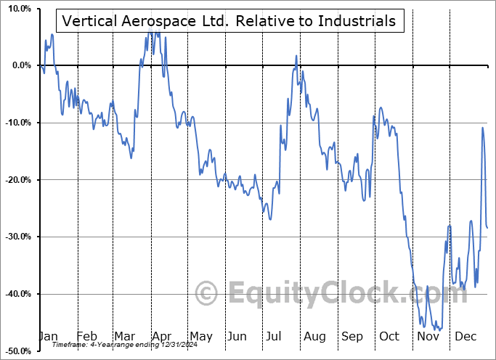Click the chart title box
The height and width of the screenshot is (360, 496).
[x=229, y=21]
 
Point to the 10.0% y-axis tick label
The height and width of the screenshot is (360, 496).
[x=18, y=9]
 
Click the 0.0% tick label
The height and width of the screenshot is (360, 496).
[x=20, y=65]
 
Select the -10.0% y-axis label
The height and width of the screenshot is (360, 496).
[x=17, y=123]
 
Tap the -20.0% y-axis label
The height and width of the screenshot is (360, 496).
[x=17, y=180]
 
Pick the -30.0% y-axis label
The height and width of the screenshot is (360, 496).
[x=17, y=237]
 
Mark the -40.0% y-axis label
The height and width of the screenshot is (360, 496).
[x=17, y=294]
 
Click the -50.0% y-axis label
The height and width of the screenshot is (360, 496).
[x=17, y=351]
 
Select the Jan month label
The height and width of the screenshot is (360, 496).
[x=48, y=336]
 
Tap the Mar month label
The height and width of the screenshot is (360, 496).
[x=124, y=336]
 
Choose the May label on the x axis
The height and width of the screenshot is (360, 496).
[x=200, y=336]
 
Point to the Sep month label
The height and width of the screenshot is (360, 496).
[x=352, y=336]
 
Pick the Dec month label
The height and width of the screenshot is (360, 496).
[x=465, y=336]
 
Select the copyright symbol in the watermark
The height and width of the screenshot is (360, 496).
[x=207, y=294]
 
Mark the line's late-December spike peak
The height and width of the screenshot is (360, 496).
[x=482, y=128]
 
